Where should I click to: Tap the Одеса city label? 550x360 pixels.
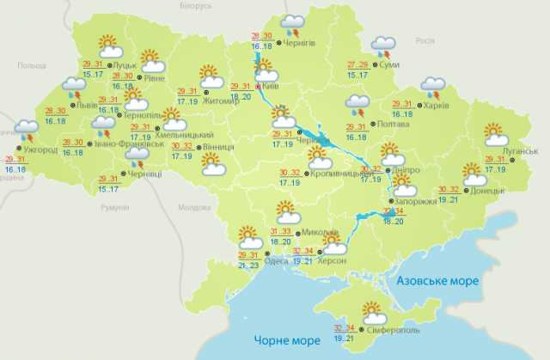(x=275, y=250)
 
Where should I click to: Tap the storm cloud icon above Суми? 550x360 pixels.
(x=383, y=45)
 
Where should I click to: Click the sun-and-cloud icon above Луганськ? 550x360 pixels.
(x=496, y=134)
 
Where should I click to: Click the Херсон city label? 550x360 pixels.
(x=332, y=260)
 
